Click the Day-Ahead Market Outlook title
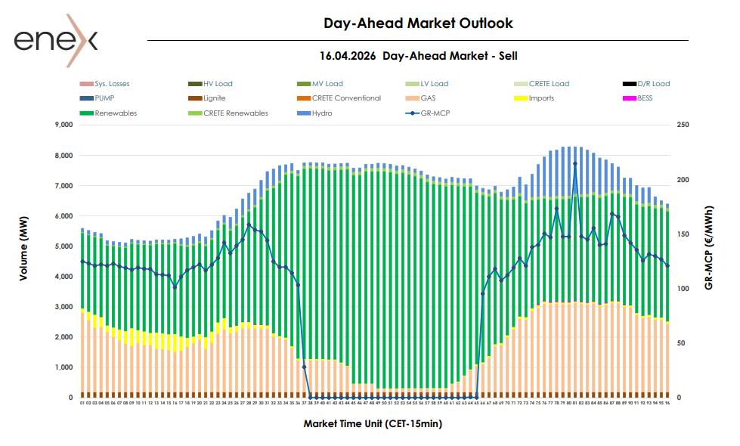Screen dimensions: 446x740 pos(418,23)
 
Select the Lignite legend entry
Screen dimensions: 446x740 pos(214,98)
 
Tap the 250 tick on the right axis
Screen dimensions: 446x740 pos(684,125)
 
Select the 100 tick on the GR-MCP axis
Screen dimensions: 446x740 pos(684,289)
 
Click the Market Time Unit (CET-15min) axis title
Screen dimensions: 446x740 pos(373,424)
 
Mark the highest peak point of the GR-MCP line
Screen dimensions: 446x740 pos(575,163)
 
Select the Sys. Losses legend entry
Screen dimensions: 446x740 pos(112,84)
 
